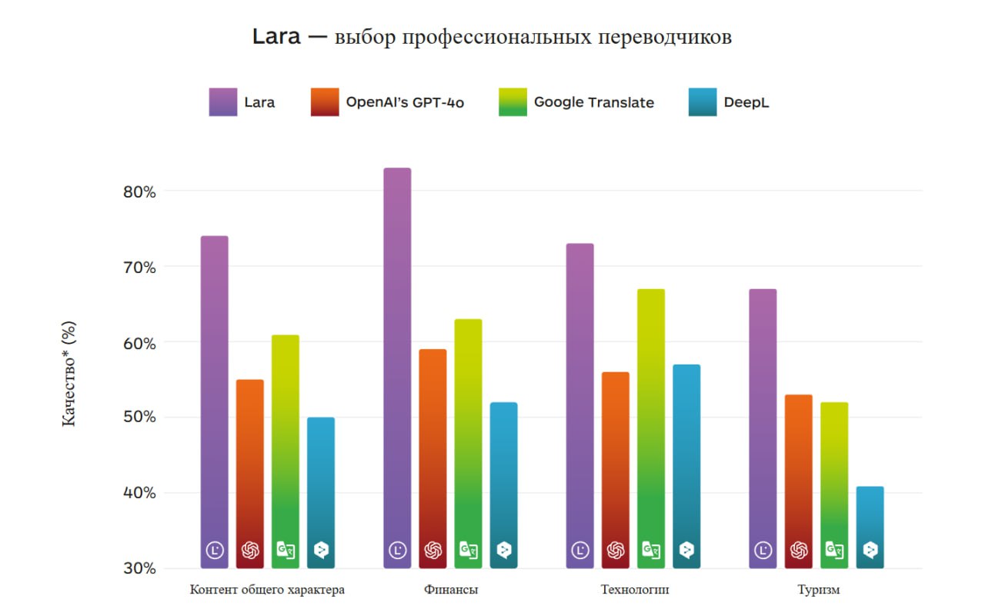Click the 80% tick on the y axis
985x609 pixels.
[139, 191]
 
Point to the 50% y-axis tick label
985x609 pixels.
[139, 418]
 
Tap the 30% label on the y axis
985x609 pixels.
[139, 568]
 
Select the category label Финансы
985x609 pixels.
[450, 591]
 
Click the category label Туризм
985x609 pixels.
[818, 591]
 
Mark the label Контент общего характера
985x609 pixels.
[267, 591]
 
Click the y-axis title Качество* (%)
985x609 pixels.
[69, 374]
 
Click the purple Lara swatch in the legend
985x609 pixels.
[223, 102]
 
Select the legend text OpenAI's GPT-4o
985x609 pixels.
[405, 102]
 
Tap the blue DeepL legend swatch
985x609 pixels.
[703, 102]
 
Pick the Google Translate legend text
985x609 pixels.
[593, 102]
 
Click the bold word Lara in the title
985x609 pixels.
[276, 37]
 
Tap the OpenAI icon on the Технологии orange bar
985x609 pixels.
[616, 550]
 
